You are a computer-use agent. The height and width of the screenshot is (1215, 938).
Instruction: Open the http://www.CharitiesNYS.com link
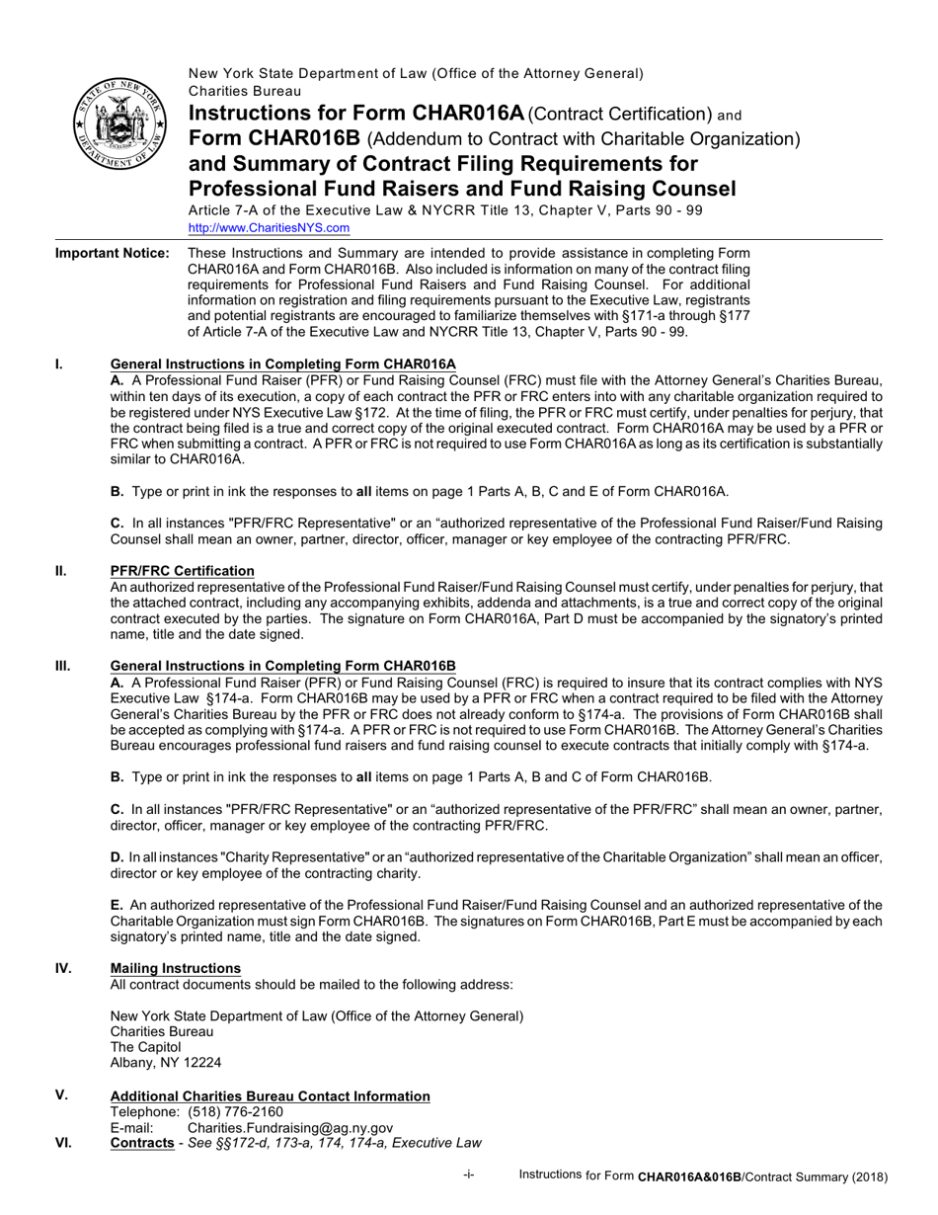[269, 227]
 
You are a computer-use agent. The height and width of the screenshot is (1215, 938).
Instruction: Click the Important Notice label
[112, 254]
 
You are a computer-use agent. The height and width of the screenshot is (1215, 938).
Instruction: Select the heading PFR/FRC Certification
[182, 571]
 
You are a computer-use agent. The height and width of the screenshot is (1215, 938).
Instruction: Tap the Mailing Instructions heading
[175, 968]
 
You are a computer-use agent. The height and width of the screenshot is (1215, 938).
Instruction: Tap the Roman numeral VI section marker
[62, 1143]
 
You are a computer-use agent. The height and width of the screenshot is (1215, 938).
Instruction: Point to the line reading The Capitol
[145, 1047]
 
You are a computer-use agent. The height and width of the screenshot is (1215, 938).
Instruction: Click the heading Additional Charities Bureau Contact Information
[270, 1096]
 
